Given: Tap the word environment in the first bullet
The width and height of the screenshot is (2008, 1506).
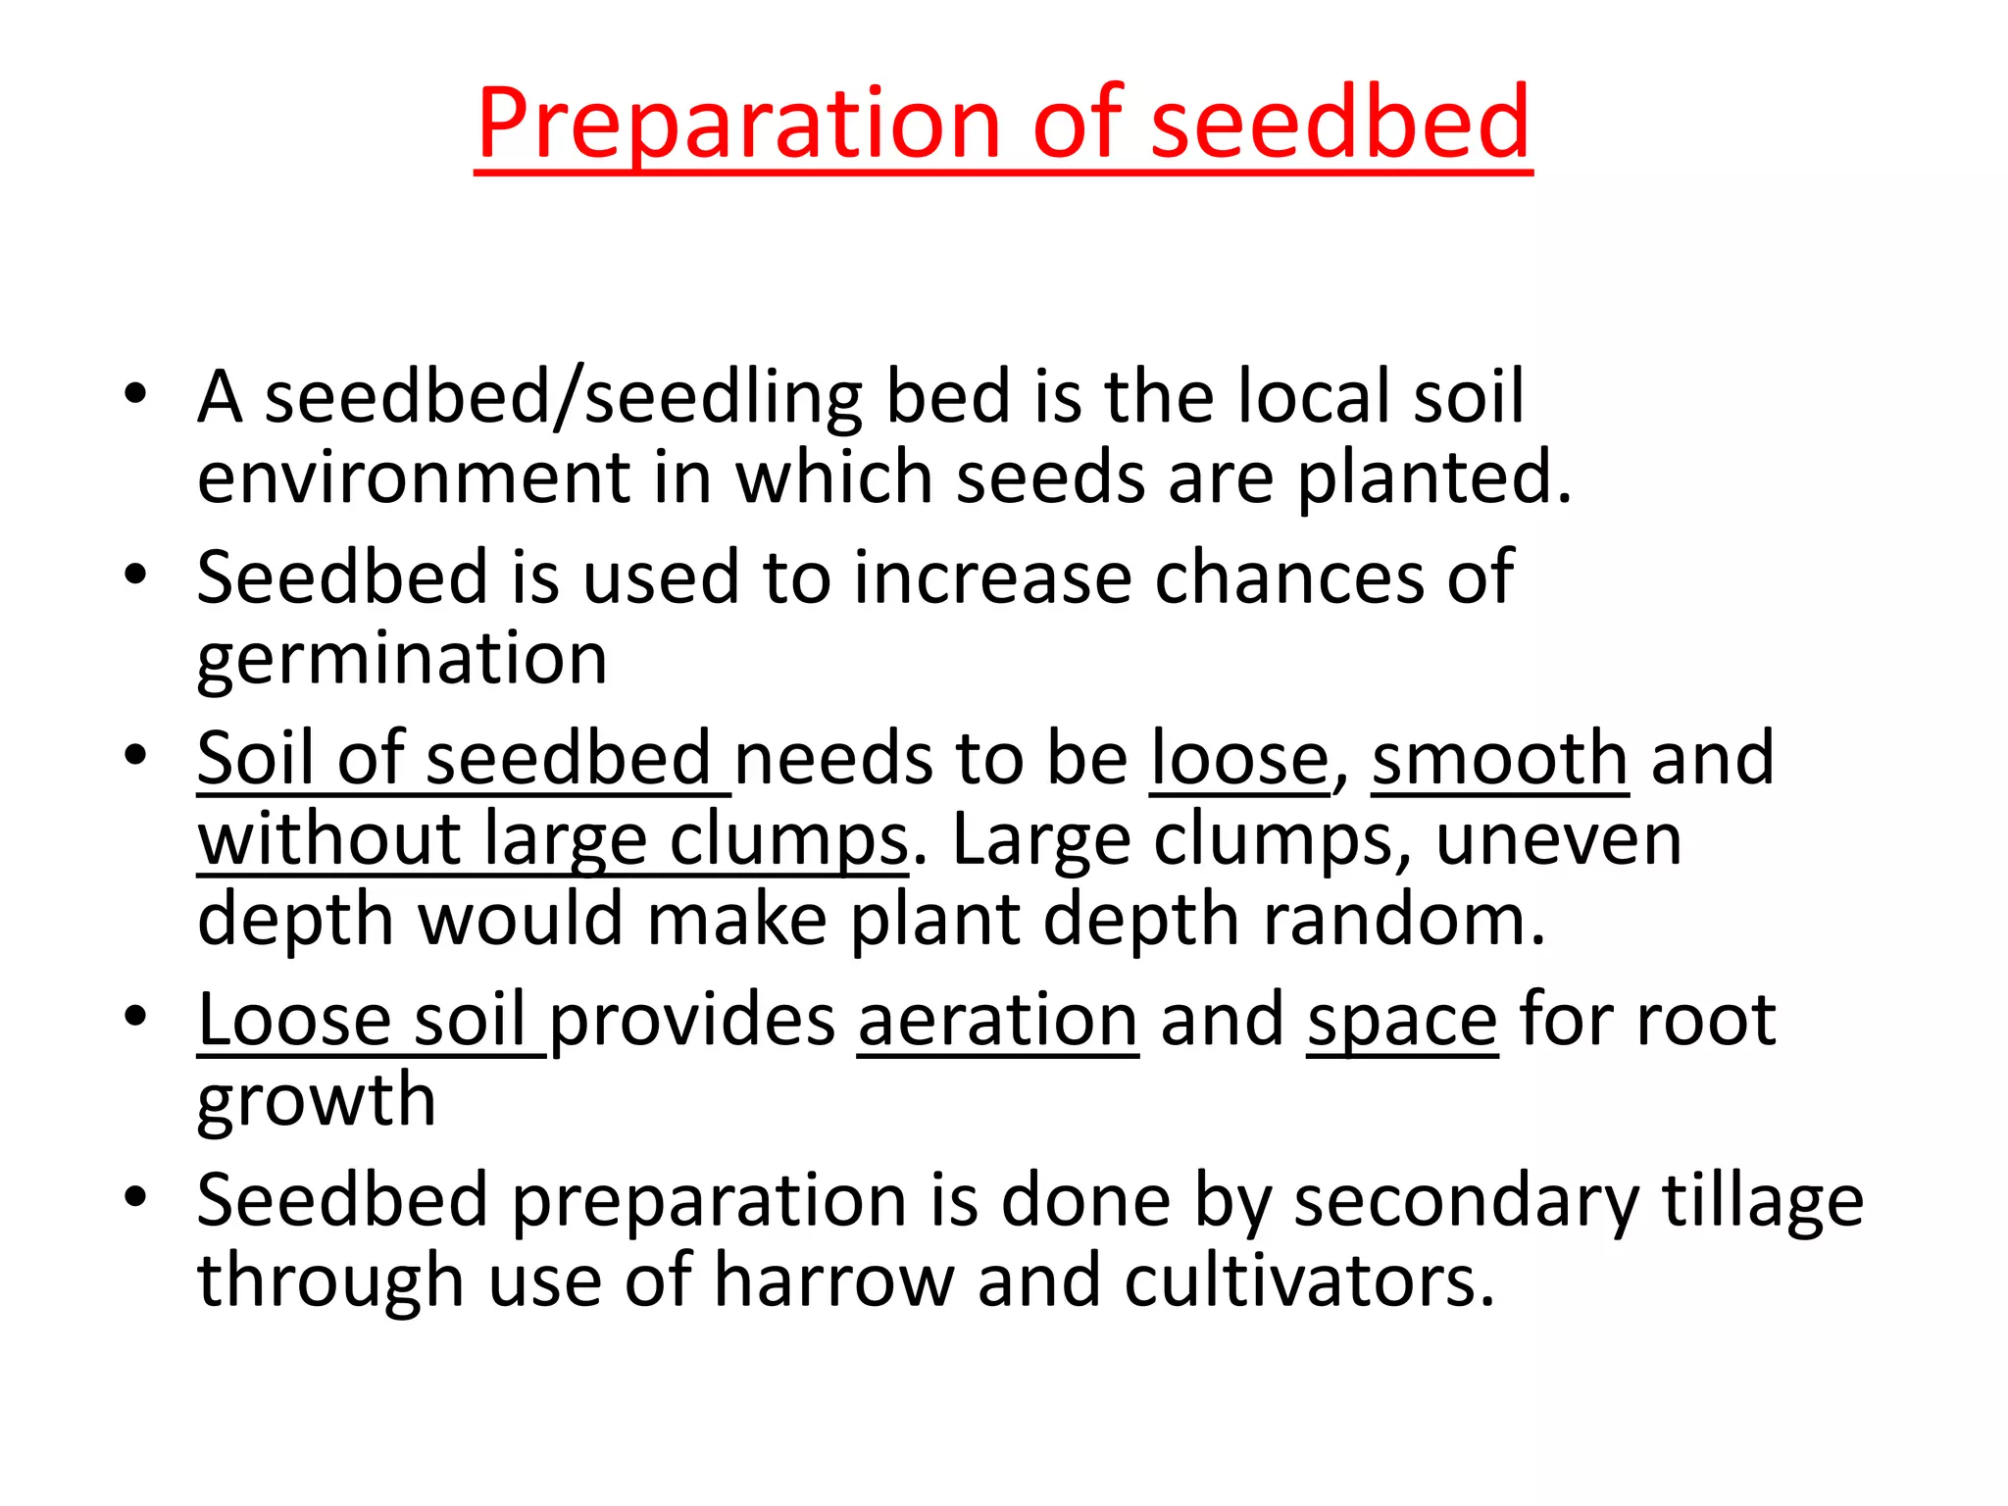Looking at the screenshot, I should pyautogui.click(x=412, y=478).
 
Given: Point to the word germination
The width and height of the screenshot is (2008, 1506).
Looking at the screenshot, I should pyautogui.click(x=402, y=661).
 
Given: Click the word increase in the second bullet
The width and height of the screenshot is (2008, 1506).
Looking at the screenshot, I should pyautogui.click(x=991, y=577).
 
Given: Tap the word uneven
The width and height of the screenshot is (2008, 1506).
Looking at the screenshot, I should pyautogui.click(x=1559, y=839).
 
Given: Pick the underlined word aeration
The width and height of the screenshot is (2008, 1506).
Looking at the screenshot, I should pyautogui.click(x=998, y=1021).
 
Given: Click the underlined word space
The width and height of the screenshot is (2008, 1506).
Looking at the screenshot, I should pyautogui.click(x=1402, y=1021).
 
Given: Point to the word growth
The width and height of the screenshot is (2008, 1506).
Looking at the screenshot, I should pyautogui.click(x=316, y=1102).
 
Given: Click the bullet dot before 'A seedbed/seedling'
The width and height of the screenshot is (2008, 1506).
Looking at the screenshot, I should pyautogui.click(x=135, y=394).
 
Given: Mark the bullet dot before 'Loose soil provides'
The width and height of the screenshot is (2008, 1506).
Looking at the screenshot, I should pyautogui.click(x=135, y=1016).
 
